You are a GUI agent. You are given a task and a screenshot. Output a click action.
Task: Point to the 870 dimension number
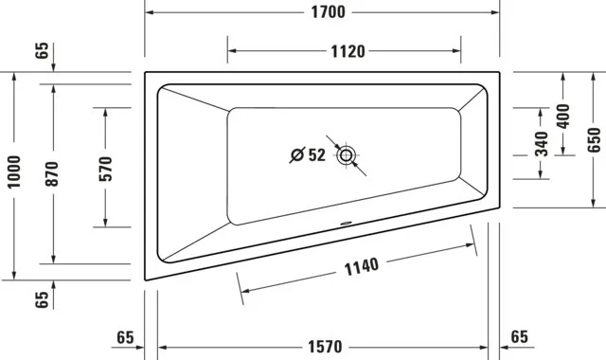(x=52, y=172)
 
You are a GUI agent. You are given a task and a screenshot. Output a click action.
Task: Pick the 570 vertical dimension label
(x=105, y=168)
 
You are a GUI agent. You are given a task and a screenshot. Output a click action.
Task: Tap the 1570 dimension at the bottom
(x=323, y=348)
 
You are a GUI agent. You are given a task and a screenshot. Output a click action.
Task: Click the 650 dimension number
(x=594, y=138)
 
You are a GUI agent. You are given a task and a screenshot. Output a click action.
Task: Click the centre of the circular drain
(x=348, y=154)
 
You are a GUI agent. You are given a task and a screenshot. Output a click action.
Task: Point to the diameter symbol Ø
(x=296, y=155)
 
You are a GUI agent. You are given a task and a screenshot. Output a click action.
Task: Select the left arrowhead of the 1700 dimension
(x=149, y=13)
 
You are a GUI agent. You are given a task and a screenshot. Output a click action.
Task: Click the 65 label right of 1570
(x=520, y=336)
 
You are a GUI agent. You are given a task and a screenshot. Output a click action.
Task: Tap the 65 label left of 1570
(x=124, y=337)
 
